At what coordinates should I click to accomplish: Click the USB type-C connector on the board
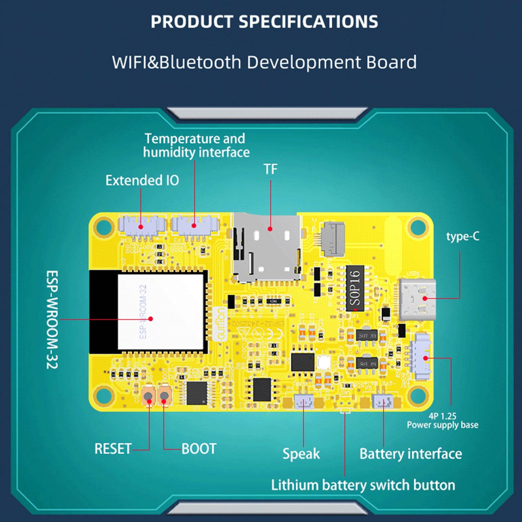pyautogui.click(x=417, y=299)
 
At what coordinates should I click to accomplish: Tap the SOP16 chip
pyautogui.click(x=355, y=288)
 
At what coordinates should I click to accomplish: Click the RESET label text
pyautogui.click(x=113, y=449)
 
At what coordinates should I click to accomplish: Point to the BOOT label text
pyautogui.click(x=199, y=449)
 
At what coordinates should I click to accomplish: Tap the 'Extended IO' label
pyautogui.click(x=142, y=180)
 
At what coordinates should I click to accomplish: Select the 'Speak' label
pyautogui.click(x=301, y=454)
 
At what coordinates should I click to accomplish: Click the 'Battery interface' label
pyautogui.click(x=410, y=454)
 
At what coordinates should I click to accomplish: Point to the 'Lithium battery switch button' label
pyautogui.click(x=363, y=485)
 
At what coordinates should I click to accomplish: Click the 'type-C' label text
pyautogui.click(x=463, y=237)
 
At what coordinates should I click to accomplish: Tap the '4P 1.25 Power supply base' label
pyautogui.click(x=442, y=421)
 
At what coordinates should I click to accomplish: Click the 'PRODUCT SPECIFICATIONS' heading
pyautogui.click(x=264, y=22)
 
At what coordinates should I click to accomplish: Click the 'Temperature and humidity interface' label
pyautogui.click(x=196, y=146)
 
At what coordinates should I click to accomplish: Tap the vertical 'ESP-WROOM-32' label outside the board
pyautogui.click(x=52, y=319)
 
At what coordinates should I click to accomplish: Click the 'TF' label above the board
pyautogui.click(x=270, y=169)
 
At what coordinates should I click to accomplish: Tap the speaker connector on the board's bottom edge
pyautogui.click(x=304, y=402)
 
